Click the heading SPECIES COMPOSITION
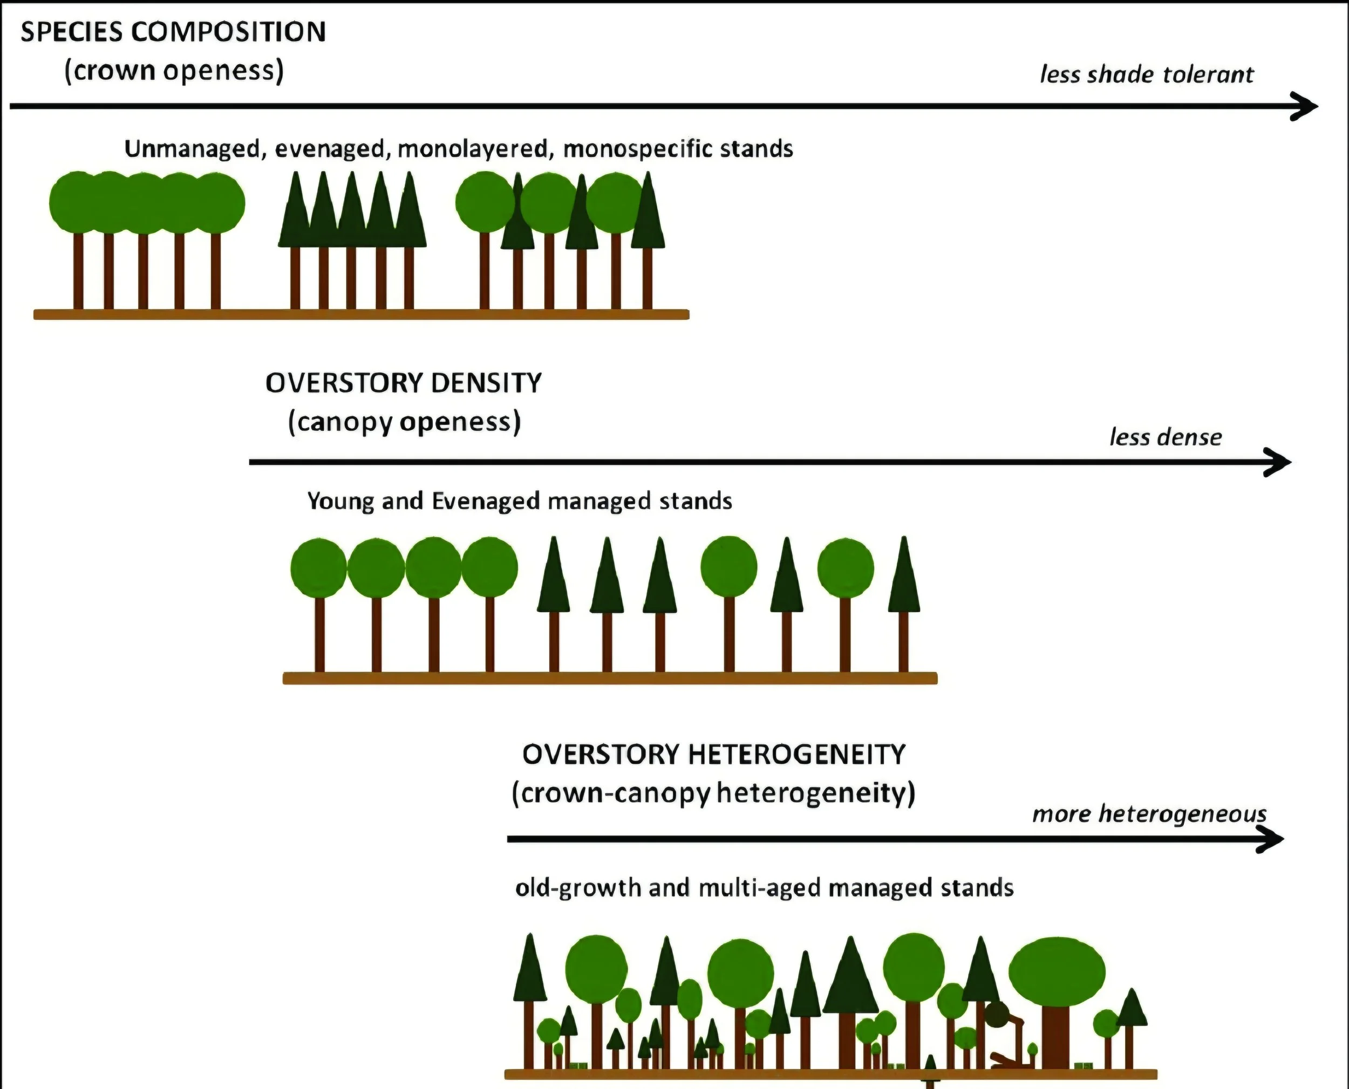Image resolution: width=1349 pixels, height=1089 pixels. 173,31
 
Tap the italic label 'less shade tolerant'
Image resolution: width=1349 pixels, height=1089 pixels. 1146,74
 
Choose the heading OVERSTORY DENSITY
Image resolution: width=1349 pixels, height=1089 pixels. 404,382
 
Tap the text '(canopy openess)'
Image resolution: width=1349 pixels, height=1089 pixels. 404,422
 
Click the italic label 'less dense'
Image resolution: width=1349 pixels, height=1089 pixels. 1165,437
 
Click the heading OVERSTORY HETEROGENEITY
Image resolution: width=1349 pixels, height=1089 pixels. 714,754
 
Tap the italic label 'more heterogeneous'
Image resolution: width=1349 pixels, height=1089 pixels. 1149,814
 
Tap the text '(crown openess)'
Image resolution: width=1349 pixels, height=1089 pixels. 174,70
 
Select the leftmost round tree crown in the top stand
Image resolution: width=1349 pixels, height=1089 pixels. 77,202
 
